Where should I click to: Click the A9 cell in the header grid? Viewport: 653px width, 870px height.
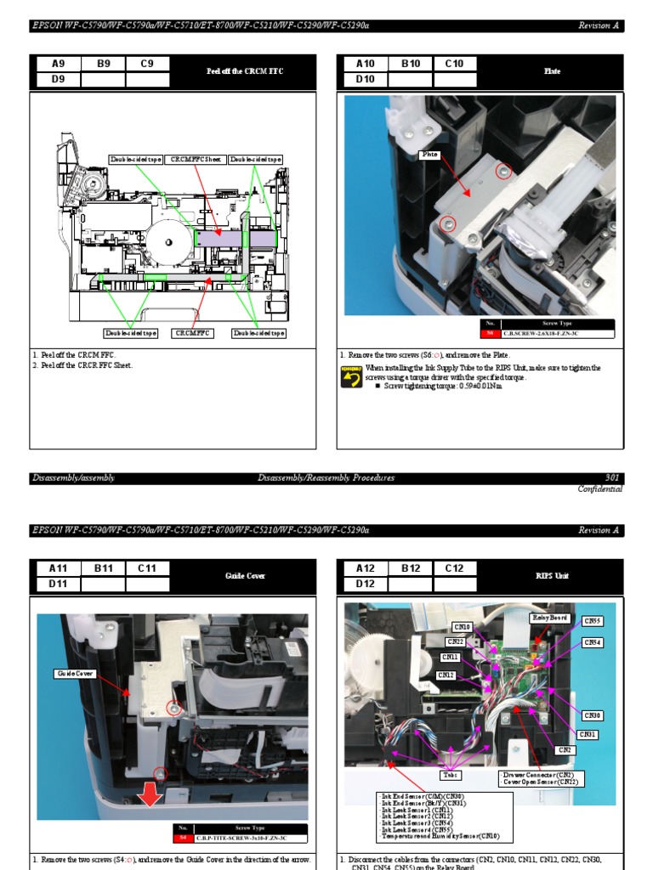click(x=58, y=64)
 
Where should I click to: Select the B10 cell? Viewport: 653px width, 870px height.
click(x=411, y=64)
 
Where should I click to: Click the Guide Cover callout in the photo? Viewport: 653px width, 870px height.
click(x=76, y=674)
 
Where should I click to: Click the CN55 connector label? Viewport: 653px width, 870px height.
click(x=593, y=621)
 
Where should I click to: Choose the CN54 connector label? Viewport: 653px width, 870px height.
click(x=593, y=642)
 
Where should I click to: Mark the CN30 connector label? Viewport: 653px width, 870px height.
click(x=592, y=715)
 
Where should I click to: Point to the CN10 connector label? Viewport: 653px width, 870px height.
click(x=462, y=627)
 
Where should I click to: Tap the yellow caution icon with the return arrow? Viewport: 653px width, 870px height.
click(x=351, y=376)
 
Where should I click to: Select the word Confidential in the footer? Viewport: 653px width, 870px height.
click(x=599, y=489)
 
